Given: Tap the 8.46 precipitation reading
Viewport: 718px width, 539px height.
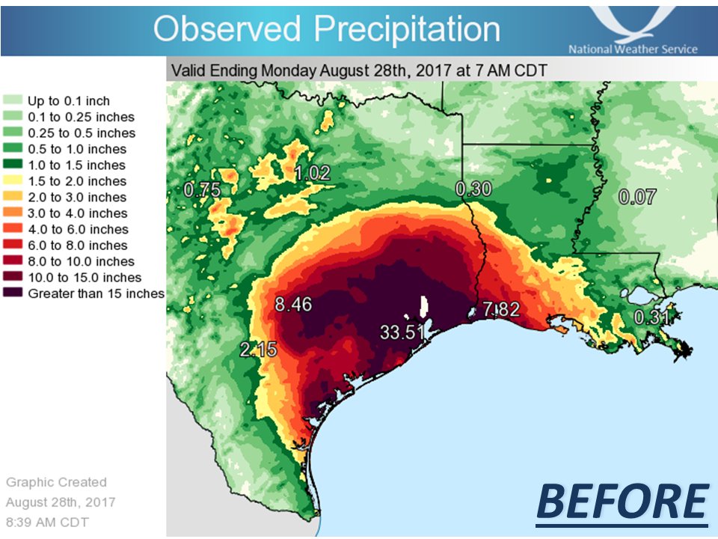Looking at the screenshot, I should pos(294,305).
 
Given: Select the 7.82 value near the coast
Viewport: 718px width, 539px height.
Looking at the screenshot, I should pos(499,310).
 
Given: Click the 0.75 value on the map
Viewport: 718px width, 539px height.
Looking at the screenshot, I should pos(203,190).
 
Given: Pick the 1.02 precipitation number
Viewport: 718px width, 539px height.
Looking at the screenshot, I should pos(313,174).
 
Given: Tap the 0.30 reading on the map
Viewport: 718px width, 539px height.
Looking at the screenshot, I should pos(473,189).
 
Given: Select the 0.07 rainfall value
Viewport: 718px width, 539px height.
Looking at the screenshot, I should pos(638,198).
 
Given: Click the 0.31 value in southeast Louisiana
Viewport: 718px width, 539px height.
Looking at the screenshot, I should pos(652,317).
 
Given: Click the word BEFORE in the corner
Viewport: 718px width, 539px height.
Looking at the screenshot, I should pos(622,501).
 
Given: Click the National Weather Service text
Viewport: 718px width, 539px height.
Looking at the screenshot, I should pos(633,49).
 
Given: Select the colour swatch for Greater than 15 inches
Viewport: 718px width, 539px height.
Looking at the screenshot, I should pos(13,293).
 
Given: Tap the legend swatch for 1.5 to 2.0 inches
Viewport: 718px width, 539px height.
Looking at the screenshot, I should pos(13,181).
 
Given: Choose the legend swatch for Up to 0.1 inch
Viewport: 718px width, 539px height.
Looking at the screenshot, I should pos(13,100).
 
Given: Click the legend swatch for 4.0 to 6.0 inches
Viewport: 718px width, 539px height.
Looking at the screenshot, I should pos(13,229).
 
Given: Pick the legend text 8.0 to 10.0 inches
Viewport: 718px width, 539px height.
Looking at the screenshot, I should pos(81,261).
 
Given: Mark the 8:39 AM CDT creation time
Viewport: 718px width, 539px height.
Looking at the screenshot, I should pos(48,521).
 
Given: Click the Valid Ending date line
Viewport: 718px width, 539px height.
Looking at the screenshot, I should pos(359,71).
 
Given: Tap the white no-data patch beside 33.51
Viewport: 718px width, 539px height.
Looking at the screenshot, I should pos(423,308).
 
